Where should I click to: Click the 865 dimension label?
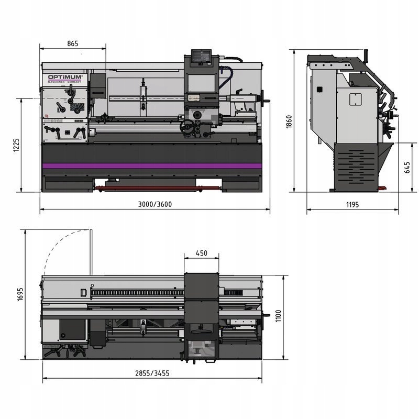point(72,43)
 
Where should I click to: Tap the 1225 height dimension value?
point(16,145)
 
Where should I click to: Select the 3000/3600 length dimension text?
point(155,204)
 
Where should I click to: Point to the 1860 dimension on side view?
point(289,122)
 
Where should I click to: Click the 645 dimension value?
point(407,167)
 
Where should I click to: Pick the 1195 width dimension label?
point(352,205)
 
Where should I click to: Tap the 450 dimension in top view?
point(201,253)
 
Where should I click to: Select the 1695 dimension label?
point(20,294)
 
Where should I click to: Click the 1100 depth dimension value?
point(278,316)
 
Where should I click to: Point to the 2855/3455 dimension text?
point(152,373)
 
